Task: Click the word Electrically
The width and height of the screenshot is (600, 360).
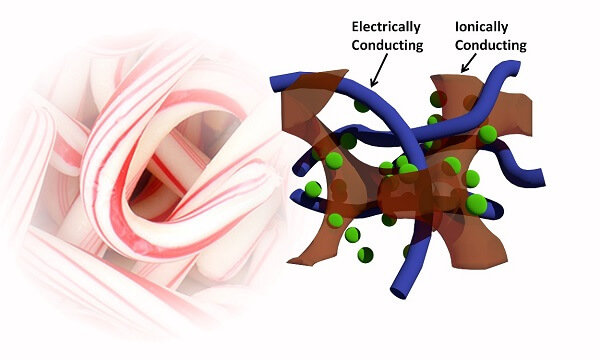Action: click(386, 28)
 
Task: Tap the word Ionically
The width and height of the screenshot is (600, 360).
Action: click(481, 28)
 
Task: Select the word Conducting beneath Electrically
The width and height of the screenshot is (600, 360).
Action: click(387, 46)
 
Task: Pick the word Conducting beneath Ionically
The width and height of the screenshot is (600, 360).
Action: click(491, 46)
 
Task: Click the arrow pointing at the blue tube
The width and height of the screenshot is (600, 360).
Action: click(379, 70)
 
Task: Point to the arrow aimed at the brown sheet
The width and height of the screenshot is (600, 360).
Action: click(469, 63)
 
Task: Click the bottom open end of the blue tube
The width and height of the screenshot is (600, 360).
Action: click(399, 292)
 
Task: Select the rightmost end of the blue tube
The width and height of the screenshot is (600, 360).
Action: click(540, 178)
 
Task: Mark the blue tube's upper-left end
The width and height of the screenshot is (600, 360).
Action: click(275, 84)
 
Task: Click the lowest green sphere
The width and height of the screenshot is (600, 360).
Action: click(365, 255)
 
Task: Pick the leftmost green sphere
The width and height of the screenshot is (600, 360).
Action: click(313, 189)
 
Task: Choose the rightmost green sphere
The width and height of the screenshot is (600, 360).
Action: click(488, 134)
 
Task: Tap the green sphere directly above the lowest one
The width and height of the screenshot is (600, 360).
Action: click(352, 235)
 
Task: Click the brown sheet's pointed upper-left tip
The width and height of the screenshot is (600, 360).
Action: click(347, 71)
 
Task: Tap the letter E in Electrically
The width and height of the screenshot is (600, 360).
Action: click(355, 27)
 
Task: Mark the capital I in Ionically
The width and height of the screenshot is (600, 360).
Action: click(457, 27)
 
